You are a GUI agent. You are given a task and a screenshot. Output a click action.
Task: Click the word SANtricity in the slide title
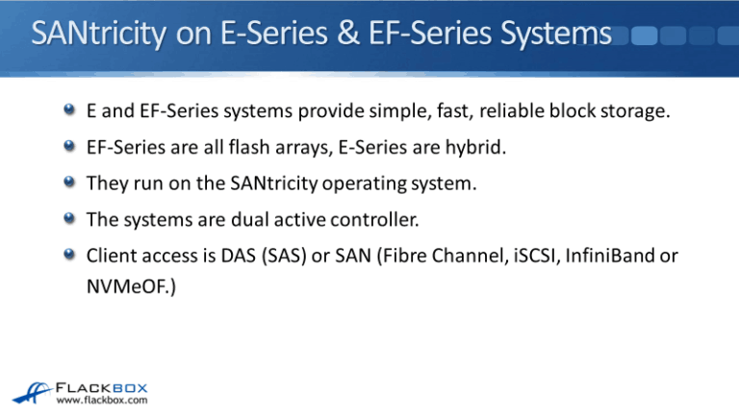coord(100,36)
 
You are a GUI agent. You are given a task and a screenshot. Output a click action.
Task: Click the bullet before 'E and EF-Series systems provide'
coord(70,111)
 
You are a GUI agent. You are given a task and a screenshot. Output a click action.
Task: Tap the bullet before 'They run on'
coord(70,183)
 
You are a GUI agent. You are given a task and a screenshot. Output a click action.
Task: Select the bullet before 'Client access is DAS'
coord(70,254)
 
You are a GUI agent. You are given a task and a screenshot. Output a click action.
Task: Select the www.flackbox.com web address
coord(102,401)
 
